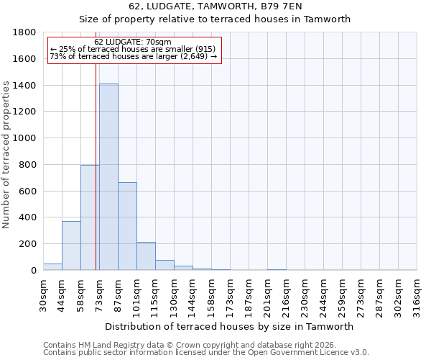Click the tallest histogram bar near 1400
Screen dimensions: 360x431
108,176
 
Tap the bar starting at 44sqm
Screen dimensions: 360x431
71,246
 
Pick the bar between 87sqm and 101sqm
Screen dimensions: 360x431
127,226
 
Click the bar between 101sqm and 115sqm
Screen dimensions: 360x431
146,256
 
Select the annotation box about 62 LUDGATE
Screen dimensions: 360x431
133,50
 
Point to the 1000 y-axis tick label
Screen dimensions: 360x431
25,138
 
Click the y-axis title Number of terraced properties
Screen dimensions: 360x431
7,155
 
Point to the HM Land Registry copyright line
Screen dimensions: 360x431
189,345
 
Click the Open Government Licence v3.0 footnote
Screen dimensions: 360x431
205,353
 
